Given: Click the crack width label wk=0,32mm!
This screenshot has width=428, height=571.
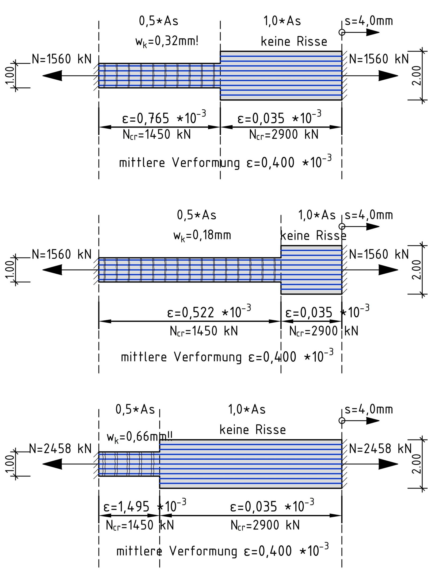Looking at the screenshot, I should click(167, 42).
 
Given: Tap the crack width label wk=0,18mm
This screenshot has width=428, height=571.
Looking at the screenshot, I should click(202, 236).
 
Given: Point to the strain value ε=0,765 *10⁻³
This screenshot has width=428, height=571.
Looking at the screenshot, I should click(164, 118).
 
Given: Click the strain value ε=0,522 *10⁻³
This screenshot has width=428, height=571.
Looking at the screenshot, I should click(209, 312).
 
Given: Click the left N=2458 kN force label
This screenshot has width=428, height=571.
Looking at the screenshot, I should click(60, 449).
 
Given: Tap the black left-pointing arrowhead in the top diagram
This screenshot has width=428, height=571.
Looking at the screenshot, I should click(52, 76).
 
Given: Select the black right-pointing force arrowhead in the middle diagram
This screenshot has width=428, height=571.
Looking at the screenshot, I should click(388, 270).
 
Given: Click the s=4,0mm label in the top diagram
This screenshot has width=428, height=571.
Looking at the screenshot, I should click(369, 21).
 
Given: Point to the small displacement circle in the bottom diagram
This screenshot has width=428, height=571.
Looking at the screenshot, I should click(342, 421).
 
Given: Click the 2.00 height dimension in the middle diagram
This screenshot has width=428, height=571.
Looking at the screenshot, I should click(417, 270).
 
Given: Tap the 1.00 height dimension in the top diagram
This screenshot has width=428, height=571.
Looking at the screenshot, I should click(10, 76).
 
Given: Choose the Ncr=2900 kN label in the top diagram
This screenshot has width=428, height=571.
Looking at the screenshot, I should click(284, 135).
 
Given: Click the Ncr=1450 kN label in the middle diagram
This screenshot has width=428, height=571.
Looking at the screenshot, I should click(204, 331).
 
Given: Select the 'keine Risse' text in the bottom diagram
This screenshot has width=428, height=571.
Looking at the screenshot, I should click(253, 430).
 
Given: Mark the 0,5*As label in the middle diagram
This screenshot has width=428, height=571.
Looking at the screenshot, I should click(197, 215).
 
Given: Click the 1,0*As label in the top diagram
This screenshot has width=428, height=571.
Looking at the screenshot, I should click(282, 21).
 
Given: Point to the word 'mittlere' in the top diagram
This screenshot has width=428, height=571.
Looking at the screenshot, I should click(142, 163).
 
